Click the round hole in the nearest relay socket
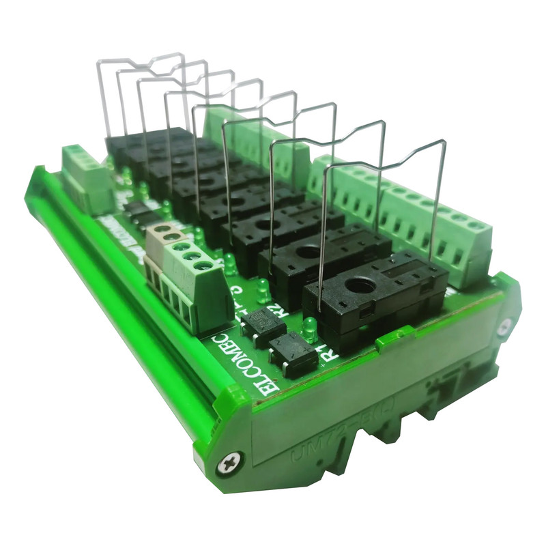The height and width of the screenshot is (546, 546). pos(360,285)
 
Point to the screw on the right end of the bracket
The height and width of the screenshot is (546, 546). pos(504,327)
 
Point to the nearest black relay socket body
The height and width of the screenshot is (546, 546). pos(375,300)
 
